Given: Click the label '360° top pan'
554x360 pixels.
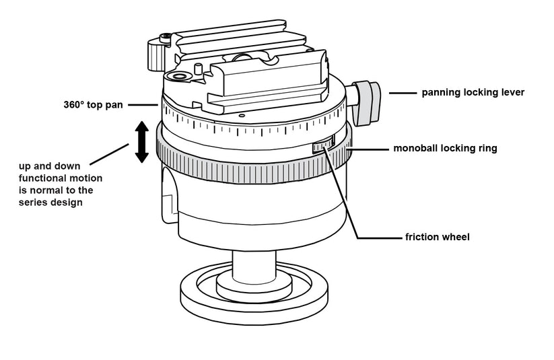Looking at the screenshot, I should pos(91,105).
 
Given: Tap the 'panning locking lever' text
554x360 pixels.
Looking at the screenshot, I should pos(473,92).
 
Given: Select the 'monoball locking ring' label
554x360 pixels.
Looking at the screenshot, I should pos(445,148).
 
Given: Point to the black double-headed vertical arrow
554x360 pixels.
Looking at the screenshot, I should pos(141,142).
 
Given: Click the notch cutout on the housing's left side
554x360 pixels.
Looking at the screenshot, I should pos(168,195).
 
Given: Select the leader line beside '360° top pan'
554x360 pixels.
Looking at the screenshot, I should pos(143,105).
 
